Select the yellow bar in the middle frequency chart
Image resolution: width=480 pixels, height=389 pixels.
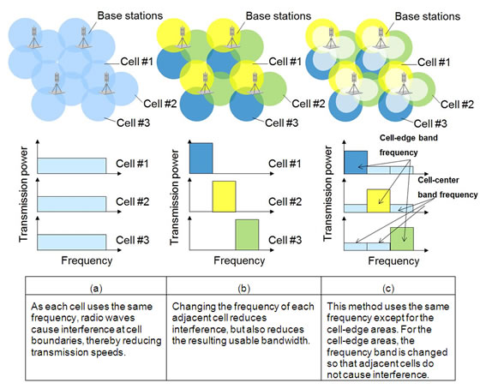(224, 195)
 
